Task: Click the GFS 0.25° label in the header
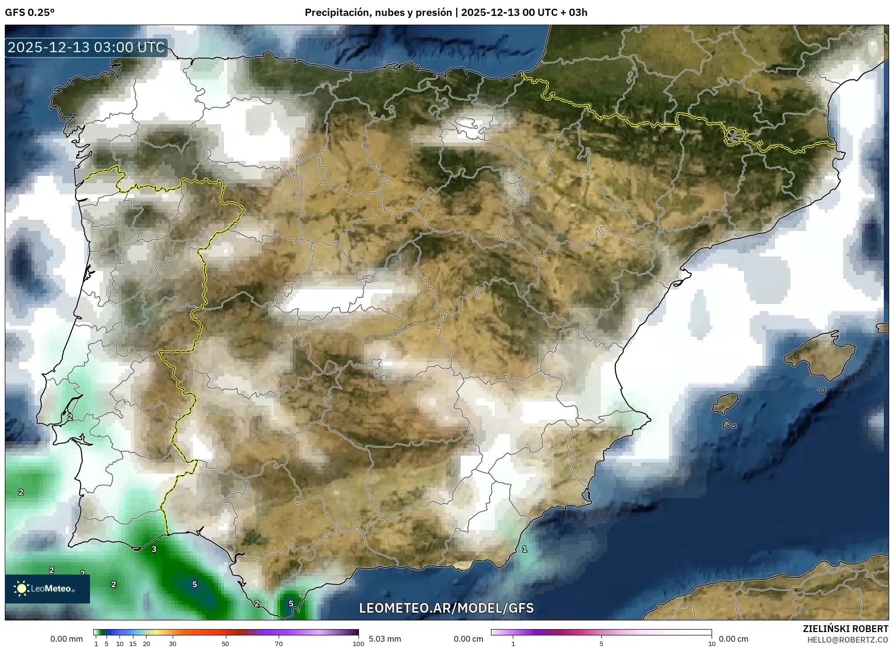[x=30, y=13]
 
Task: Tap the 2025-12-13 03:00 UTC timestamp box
[x=86, y=47]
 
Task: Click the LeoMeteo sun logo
[x=21, y=588]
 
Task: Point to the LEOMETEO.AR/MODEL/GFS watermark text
[x=446, y=608]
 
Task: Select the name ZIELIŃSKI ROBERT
[x=845, y=629]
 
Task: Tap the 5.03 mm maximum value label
[x=385, y=639]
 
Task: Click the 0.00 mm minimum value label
[x=66, y=639]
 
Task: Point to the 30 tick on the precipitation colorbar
[x=173, y=644]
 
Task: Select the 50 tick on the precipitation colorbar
[x=225, y=644]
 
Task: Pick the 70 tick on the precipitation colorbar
[x=279, y=644]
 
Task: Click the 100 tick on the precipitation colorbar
[x=358, y=644]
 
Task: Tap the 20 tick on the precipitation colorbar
[x=146, y=644]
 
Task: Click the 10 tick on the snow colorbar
[x=711, y=644]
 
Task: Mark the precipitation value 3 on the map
[x=154, y=549]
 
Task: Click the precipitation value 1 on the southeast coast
[x=524, y=549]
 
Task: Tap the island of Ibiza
[x=726, y=403]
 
